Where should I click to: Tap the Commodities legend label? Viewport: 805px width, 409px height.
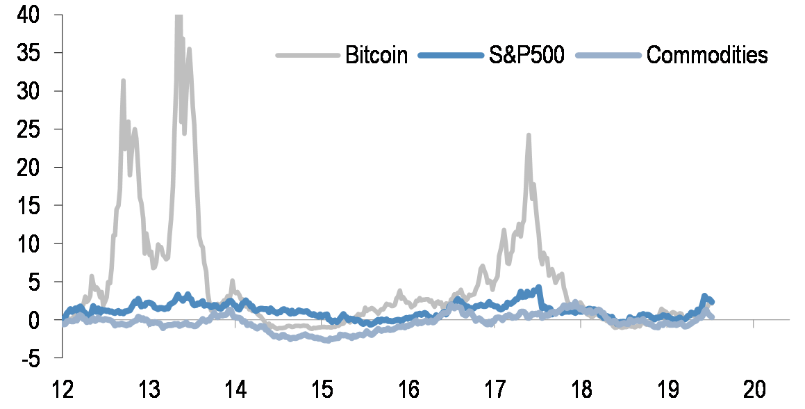tap(707, 56)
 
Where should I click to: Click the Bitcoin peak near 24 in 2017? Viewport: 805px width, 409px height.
tap(529, 136)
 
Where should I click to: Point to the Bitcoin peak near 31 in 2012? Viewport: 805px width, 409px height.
tap(123, 81)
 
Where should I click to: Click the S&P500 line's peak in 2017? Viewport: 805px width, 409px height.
tap(539, 287)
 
